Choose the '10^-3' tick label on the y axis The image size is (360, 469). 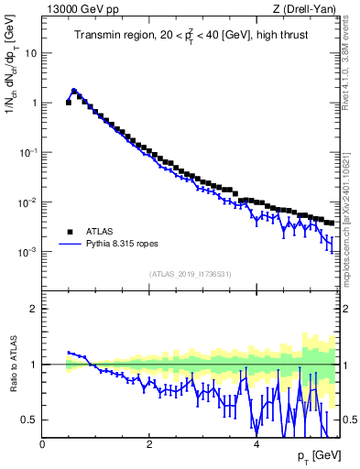(29, 251)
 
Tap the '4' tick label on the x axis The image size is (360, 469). (256, 443)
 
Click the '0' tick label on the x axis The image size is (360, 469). (43, 443)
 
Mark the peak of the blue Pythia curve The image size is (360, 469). (73, 90)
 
